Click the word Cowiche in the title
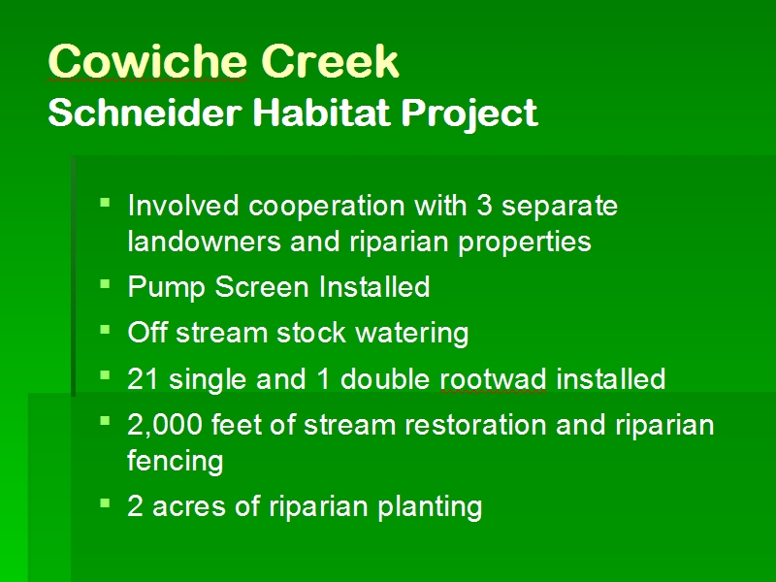(147, 61)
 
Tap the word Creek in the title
(330, 61)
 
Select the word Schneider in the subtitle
(145, 113)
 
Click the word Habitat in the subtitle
(322, 113)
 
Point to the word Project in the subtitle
(469, 114)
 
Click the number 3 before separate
(484, 205)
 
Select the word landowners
(205, 242)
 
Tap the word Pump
(166, 287)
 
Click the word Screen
(262, 287)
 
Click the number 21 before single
(143, 379)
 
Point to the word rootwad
(494, 379)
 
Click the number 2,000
(165, 425)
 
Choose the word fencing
(176, 462)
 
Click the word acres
(189, 507)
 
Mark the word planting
(430, 507)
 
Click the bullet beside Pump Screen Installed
(105, 284)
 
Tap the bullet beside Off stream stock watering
(105, 330)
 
